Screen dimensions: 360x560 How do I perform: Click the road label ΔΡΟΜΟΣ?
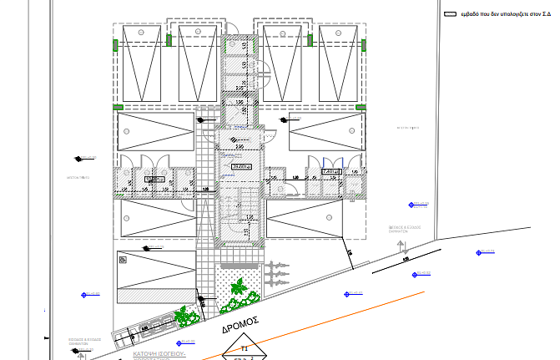[242, 322]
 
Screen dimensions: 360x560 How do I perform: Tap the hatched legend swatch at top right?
[451, 14]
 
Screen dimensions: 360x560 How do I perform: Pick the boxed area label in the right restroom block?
[330, 172]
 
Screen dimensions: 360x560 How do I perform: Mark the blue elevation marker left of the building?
[84, 295]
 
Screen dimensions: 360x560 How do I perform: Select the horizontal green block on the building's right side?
[361, 106]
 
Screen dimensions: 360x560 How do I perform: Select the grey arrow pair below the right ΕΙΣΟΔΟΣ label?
[403, 246]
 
